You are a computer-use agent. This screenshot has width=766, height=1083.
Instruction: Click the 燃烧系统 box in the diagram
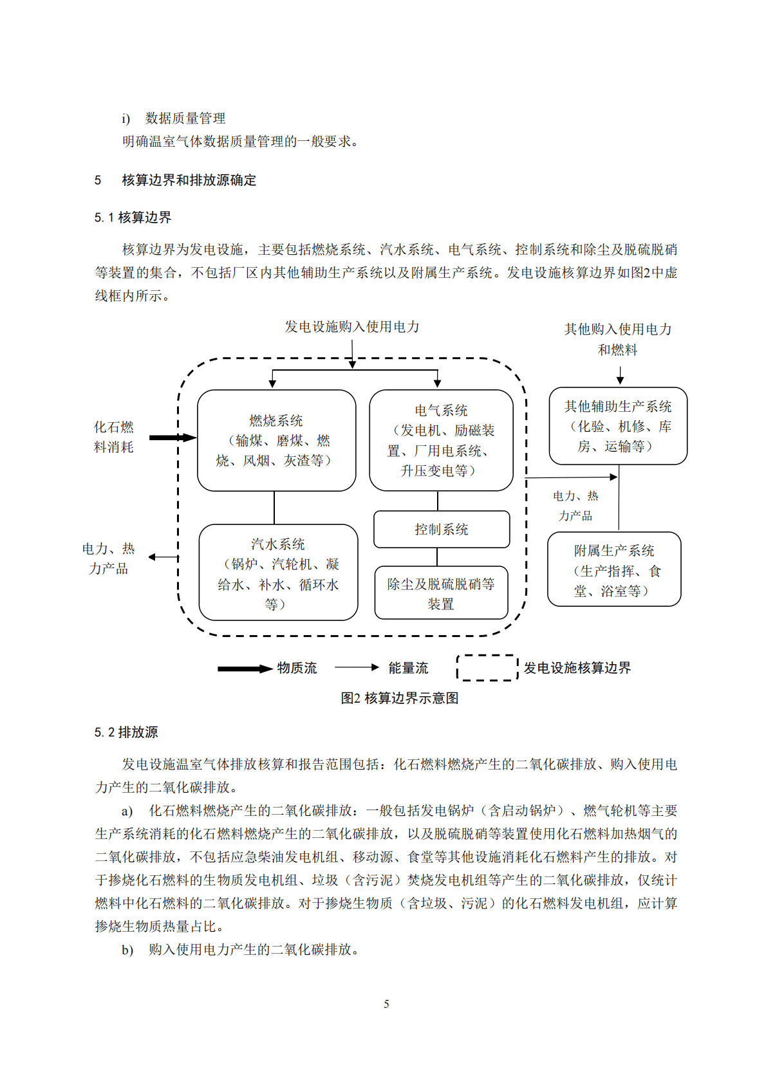[276, 440]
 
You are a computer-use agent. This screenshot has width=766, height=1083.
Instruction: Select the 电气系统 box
[441, 440]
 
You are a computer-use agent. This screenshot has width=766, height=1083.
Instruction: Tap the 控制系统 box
[441, 529]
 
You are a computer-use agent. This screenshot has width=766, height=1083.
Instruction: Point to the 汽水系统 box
[278, 573]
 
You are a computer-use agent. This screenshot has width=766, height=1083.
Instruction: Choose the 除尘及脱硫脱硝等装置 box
[441, 593]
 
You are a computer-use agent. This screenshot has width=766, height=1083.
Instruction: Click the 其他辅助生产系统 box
[618, 426]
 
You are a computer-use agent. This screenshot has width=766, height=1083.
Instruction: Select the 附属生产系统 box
[614, 569]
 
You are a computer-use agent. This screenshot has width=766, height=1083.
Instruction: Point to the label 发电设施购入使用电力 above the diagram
[352, 327]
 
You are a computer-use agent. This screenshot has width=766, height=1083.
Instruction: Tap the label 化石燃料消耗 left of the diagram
[114, 437]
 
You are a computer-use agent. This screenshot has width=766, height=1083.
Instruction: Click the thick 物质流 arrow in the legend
[245, 669]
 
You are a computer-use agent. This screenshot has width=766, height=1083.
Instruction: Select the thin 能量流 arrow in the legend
[357, 667]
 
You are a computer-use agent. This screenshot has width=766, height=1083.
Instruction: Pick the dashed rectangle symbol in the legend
[487, 667]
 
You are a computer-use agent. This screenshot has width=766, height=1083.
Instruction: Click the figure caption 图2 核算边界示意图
[399, 698]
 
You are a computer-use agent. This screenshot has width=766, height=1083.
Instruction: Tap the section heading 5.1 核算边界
[133, 218]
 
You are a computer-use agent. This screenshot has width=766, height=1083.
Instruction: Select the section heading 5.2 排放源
[126, 732]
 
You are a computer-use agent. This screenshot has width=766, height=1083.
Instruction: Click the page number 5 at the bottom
[386, 1004]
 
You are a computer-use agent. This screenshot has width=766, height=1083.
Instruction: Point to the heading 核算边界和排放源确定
[189, 180]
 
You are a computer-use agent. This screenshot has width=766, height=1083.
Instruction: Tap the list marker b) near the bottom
[127, 950]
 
